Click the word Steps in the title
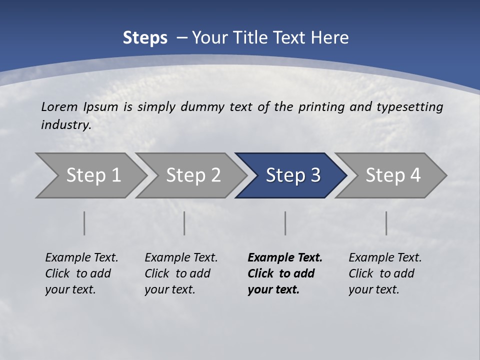tap(145, 38)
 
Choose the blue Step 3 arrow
tap(293, 175)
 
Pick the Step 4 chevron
tap(393, 175)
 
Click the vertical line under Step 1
tap(84, 223)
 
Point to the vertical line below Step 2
tap(184, 223)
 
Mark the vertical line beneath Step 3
tap(285, 223)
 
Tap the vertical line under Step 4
tap(386, 223)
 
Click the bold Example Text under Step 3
tap(285, 273)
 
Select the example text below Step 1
tap(81, 273)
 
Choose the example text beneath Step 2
tap(181, 273)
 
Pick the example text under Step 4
tap(385, 273)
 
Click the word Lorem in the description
tap(59, 106)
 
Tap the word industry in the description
tap(66, 124)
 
